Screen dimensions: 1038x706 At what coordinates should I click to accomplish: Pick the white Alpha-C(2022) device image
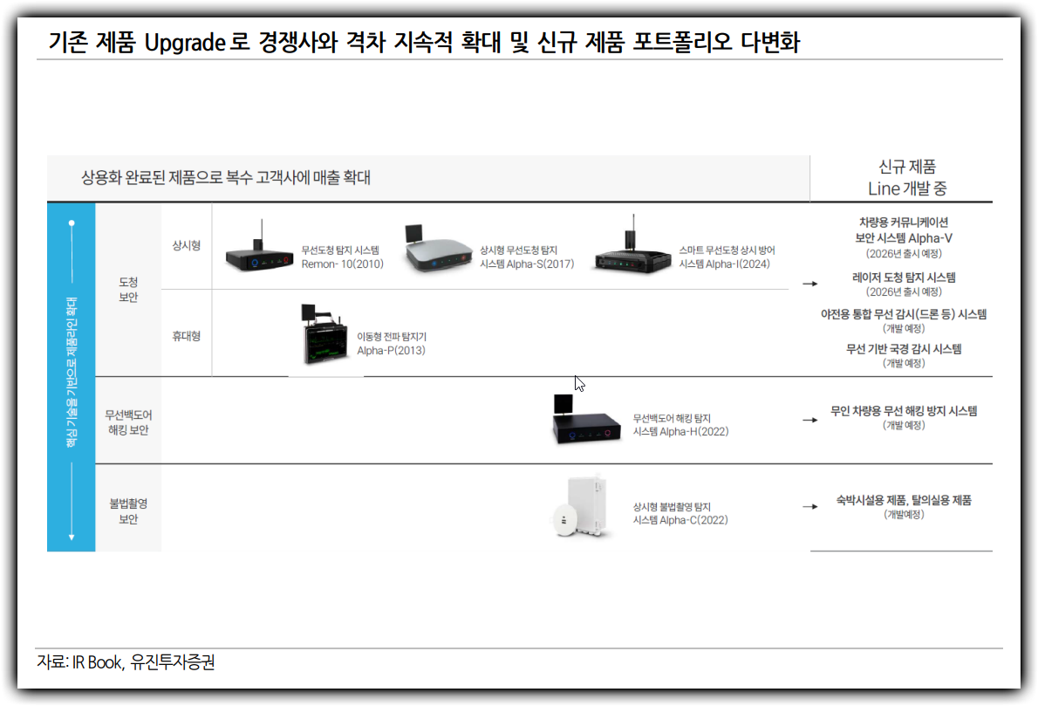click(x=578, y=507)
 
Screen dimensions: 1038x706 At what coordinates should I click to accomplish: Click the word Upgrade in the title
click(x=185, y=43)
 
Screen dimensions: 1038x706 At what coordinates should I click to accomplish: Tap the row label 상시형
click(x=186, y=246)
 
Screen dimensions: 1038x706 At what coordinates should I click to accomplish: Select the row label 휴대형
click(x=186, y=336)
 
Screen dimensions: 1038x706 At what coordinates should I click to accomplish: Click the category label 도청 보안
click(x=128, y=290)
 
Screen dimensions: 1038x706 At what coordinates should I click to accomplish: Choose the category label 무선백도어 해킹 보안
click(x=128, y=422)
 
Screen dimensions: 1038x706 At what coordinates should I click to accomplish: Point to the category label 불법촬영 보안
click(x=128, y=511)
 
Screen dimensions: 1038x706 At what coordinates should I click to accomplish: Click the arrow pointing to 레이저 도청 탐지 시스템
click(x=809, y=284)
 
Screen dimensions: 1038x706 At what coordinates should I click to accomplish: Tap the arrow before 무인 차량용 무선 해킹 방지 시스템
click(x=809, y=420)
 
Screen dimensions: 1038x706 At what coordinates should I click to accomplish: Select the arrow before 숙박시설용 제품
click(x=809, y=507)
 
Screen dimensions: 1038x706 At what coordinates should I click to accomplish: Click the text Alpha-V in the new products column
click(x=930, y=238)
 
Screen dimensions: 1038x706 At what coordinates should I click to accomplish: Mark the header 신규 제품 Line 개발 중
click(x=907, y=177)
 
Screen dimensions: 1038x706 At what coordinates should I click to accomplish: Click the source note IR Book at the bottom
click(x=97, y=662)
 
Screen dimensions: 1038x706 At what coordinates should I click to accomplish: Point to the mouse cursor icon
click(x=579, y=383)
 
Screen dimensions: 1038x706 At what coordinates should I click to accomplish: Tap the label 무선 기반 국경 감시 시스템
click(x=904, y=349)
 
